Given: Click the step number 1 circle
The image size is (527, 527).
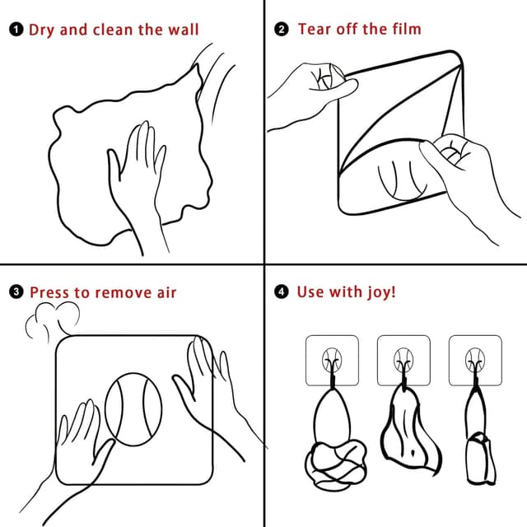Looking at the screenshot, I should pyautogui.click(x=16, y=30).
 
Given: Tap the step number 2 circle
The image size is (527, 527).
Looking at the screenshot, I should pyautogui.click(x=282, y=30).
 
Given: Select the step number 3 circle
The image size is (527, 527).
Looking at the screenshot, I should pyautogui.click(x=16, y=292).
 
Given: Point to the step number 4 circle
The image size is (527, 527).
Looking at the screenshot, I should pyautogui.click(x=282, y=292).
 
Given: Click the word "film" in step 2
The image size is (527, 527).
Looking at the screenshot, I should pyautogui.click(x=403, y=30).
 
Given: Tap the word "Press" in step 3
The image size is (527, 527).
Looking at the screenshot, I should pyautogui.click(x=49, y=292).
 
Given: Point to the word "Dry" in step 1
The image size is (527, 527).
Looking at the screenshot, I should pyautogui.click(x=42, y=30).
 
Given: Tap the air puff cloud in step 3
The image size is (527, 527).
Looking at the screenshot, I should pyautogui.click(x=54, y=319).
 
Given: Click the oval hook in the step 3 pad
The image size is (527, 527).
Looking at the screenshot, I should pyautogui.click(x=133, y=410).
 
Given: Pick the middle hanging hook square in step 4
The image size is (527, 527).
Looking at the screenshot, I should pyautogui.click(x=403, y=361).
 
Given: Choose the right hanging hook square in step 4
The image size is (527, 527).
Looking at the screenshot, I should pyautogui.click(x=475, y=361).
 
